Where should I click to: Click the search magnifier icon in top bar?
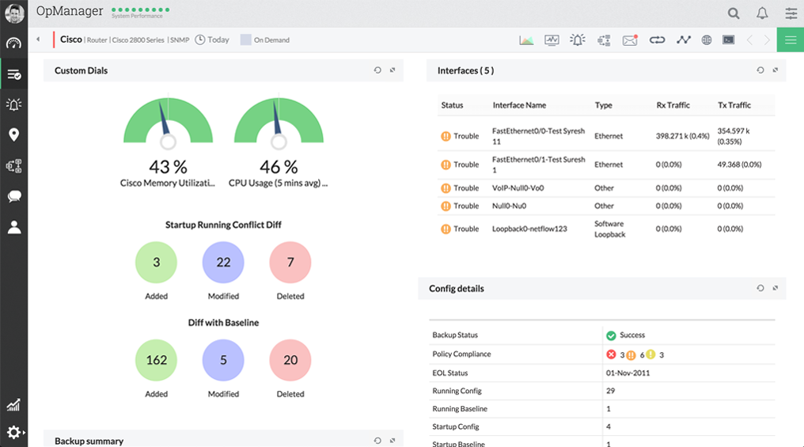click(734, 13)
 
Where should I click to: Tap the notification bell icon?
click(762, 13)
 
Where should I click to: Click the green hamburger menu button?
click(790, 40)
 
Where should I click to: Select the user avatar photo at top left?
click(13, 13)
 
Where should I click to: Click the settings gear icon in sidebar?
click(13, 432)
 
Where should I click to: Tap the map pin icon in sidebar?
click(13, 135)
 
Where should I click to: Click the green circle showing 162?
click(157, 360)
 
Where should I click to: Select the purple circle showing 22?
click(223, 262)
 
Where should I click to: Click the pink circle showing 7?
click(290, 262)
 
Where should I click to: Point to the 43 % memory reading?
click(168, 167)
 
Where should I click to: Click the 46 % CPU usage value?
click(279, 167)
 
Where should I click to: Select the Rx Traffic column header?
click(673, 105)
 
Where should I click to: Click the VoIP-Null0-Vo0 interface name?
click(518, 188)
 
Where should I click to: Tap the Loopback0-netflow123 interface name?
click(529, 229)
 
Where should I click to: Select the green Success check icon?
click(611, 335)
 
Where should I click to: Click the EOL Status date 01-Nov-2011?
click(628, 373)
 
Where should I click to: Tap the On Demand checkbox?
click(245, 40)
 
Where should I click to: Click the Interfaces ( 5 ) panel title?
click(465, 70)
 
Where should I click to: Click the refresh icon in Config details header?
click(760, 289)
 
